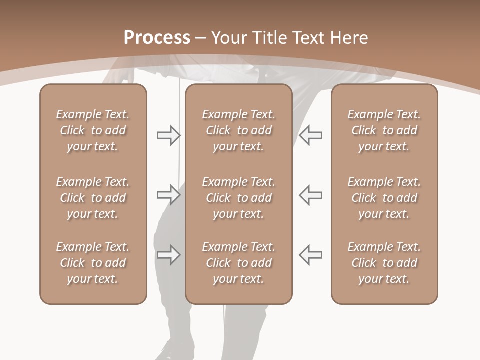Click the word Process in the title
click(x=157, y=38)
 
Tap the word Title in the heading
click(x=270, y=38)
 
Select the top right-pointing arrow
click(x=169, y=135)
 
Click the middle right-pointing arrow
click(x=169, y=195)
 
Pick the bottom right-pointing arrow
click(x=169, y=255)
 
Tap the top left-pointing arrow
click(x=310, y=135)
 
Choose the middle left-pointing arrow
click(x=310, y=195)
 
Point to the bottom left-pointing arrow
click(x=310, y=255)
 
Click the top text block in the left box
click(x=93, y=130)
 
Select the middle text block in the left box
click(x=93, y=198)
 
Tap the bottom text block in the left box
click(x=93, y=263)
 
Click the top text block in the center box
click(x=239, y=130)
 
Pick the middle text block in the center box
click(x=239, y=198)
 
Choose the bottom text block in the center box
click(x=239, y=263)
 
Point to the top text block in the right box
click(x=384, y=130)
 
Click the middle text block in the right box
click(x=384, y=198)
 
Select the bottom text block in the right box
click(x=384, y=263)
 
